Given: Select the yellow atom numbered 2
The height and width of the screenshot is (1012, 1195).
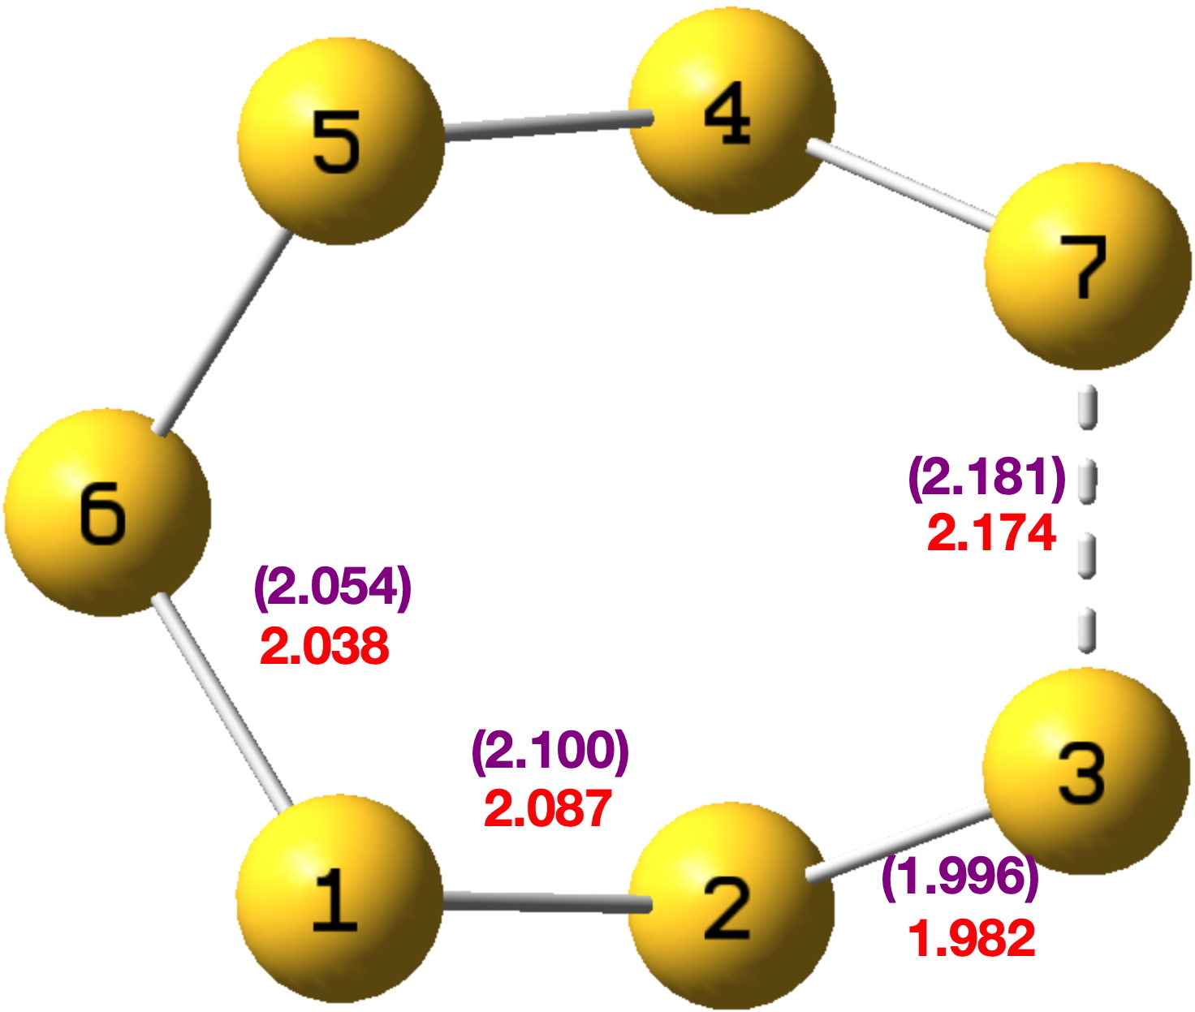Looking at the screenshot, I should tap(731, 905).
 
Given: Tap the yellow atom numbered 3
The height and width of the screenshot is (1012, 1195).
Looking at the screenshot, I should tap(1086, 771).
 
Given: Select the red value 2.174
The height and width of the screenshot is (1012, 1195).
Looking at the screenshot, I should tap(991, 534).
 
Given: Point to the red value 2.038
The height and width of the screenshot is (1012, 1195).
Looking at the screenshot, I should tap(325, 648).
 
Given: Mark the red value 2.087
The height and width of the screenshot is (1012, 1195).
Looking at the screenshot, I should tap(548, 809).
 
